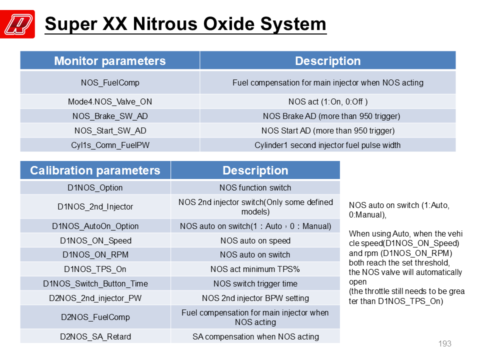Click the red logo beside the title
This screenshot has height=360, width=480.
pos(17,24)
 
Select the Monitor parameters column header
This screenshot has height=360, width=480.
pos(110,60)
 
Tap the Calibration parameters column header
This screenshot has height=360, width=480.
pos(95,170)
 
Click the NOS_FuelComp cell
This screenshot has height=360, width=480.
pos(110,82)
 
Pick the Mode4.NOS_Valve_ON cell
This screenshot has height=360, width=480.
pos(110,101)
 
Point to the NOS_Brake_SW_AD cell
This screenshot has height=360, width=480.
pos(110,116)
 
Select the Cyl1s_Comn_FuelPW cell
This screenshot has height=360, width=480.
pos(110,145)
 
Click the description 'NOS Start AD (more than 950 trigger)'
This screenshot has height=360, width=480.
pos(328,130)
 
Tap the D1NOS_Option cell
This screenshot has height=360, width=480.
pos(95,187)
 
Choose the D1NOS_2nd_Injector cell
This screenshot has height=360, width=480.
pos(95,206)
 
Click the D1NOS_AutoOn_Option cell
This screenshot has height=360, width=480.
pos(95,226)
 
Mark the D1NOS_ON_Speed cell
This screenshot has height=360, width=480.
pos(95,240)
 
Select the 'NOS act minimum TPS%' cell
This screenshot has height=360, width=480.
pos(255,269)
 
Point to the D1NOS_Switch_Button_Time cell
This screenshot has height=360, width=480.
pos(95,284)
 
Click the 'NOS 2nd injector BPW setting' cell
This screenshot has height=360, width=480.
pos(255,298)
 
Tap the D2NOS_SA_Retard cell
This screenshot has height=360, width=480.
pos(95,336)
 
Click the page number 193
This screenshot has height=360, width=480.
pos(444,344)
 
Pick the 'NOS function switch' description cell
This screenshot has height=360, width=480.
pos(255,187)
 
